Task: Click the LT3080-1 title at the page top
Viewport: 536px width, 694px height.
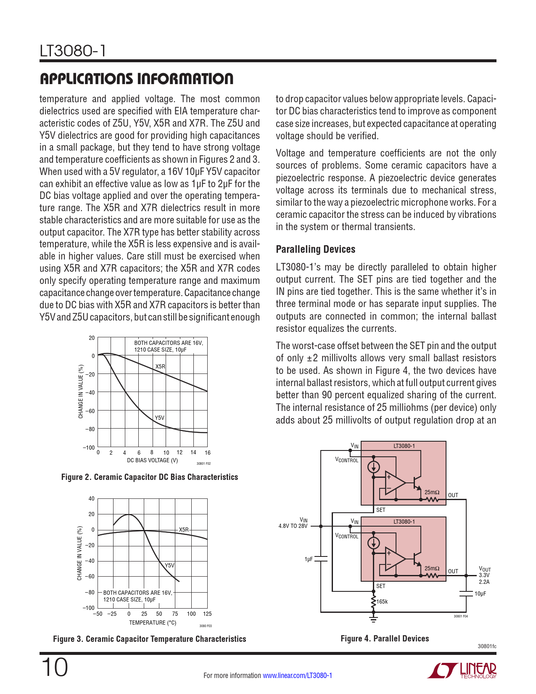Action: click(x=72, y=51)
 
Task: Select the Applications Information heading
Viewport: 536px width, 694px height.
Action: click(x=136, y=79)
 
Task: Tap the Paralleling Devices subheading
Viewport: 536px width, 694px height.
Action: click(x=315, y=249)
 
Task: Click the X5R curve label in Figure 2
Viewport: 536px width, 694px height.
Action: click(x=160, y=366)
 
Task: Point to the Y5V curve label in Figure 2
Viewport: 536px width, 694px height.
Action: click(x=159, y=418)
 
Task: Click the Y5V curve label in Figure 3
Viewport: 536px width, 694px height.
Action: click(x=169, y=565)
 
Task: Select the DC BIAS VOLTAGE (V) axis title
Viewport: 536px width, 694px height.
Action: click(x=152, y=460)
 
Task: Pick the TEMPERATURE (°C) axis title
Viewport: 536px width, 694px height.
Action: click(x=153, y=622)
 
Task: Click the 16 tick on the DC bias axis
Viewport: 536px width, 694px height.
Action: click(x=207, y=453)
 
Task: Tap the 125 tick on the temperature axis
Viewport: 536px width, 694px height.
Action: click(x=207, y=614)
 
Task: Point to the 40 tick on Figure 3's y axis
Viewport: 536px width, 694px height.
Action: click(x=91, y=499)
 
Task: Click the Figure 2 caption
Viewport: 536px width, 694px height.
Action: click(x=150, y=477)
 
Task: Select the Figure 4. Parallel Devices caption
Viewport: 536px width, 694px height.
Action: click(x=385, y=638)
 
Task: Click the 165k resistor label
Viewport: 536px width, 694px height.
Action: click(x=382, y=601)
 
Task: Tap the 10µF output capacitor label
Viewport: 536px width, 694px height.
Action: click(x=480, y=594)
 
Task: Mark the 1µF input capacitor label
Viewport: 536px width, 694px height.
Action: click(x=309, y=559)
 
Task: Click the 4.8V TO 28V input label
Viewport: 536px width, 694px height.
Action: click(x=293, y=526)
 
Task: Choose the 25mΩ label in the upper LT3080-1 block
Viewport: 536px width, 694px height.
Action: click(x=432, y=492)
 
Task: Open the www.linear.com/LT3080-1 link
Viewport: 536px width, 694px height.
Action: click(x=297, y=675)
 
